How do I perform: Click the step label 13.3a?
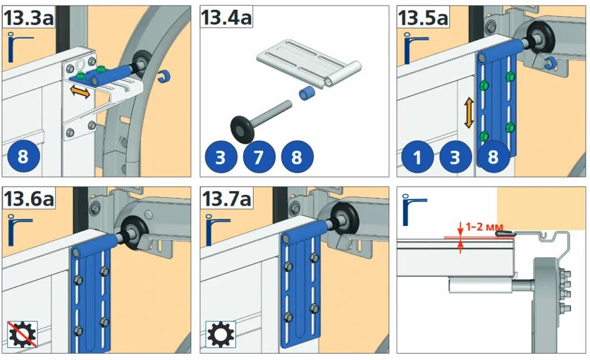(29, 18)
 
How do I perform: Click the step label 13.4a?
(226, 17)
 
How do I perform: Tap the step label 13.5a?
(423, 18)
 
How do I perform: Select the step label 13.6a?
(29, 198)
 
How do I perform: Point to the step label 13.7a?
(226, 198)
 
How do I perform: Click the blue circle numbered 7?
(259, 157)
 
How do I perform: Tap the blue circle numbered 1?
(417, 157)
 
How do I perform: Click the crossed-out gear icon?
(22, 334)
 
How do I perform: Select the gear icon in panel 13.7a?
(221, 334)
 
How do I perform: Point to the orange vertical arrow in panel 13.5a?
(468, 112)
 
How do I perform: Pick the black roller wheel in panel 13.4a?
(241, 130)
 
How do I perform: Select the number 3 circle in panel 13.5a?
(455, 157)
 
